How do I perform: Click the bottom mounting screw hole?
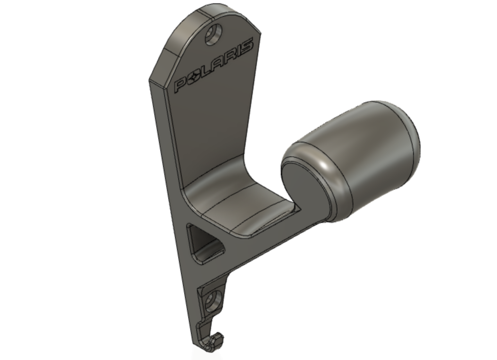point(211,300)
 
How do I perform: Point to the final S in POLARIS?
point(247,46)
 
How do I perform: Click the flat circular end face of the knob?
point(304,183)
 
